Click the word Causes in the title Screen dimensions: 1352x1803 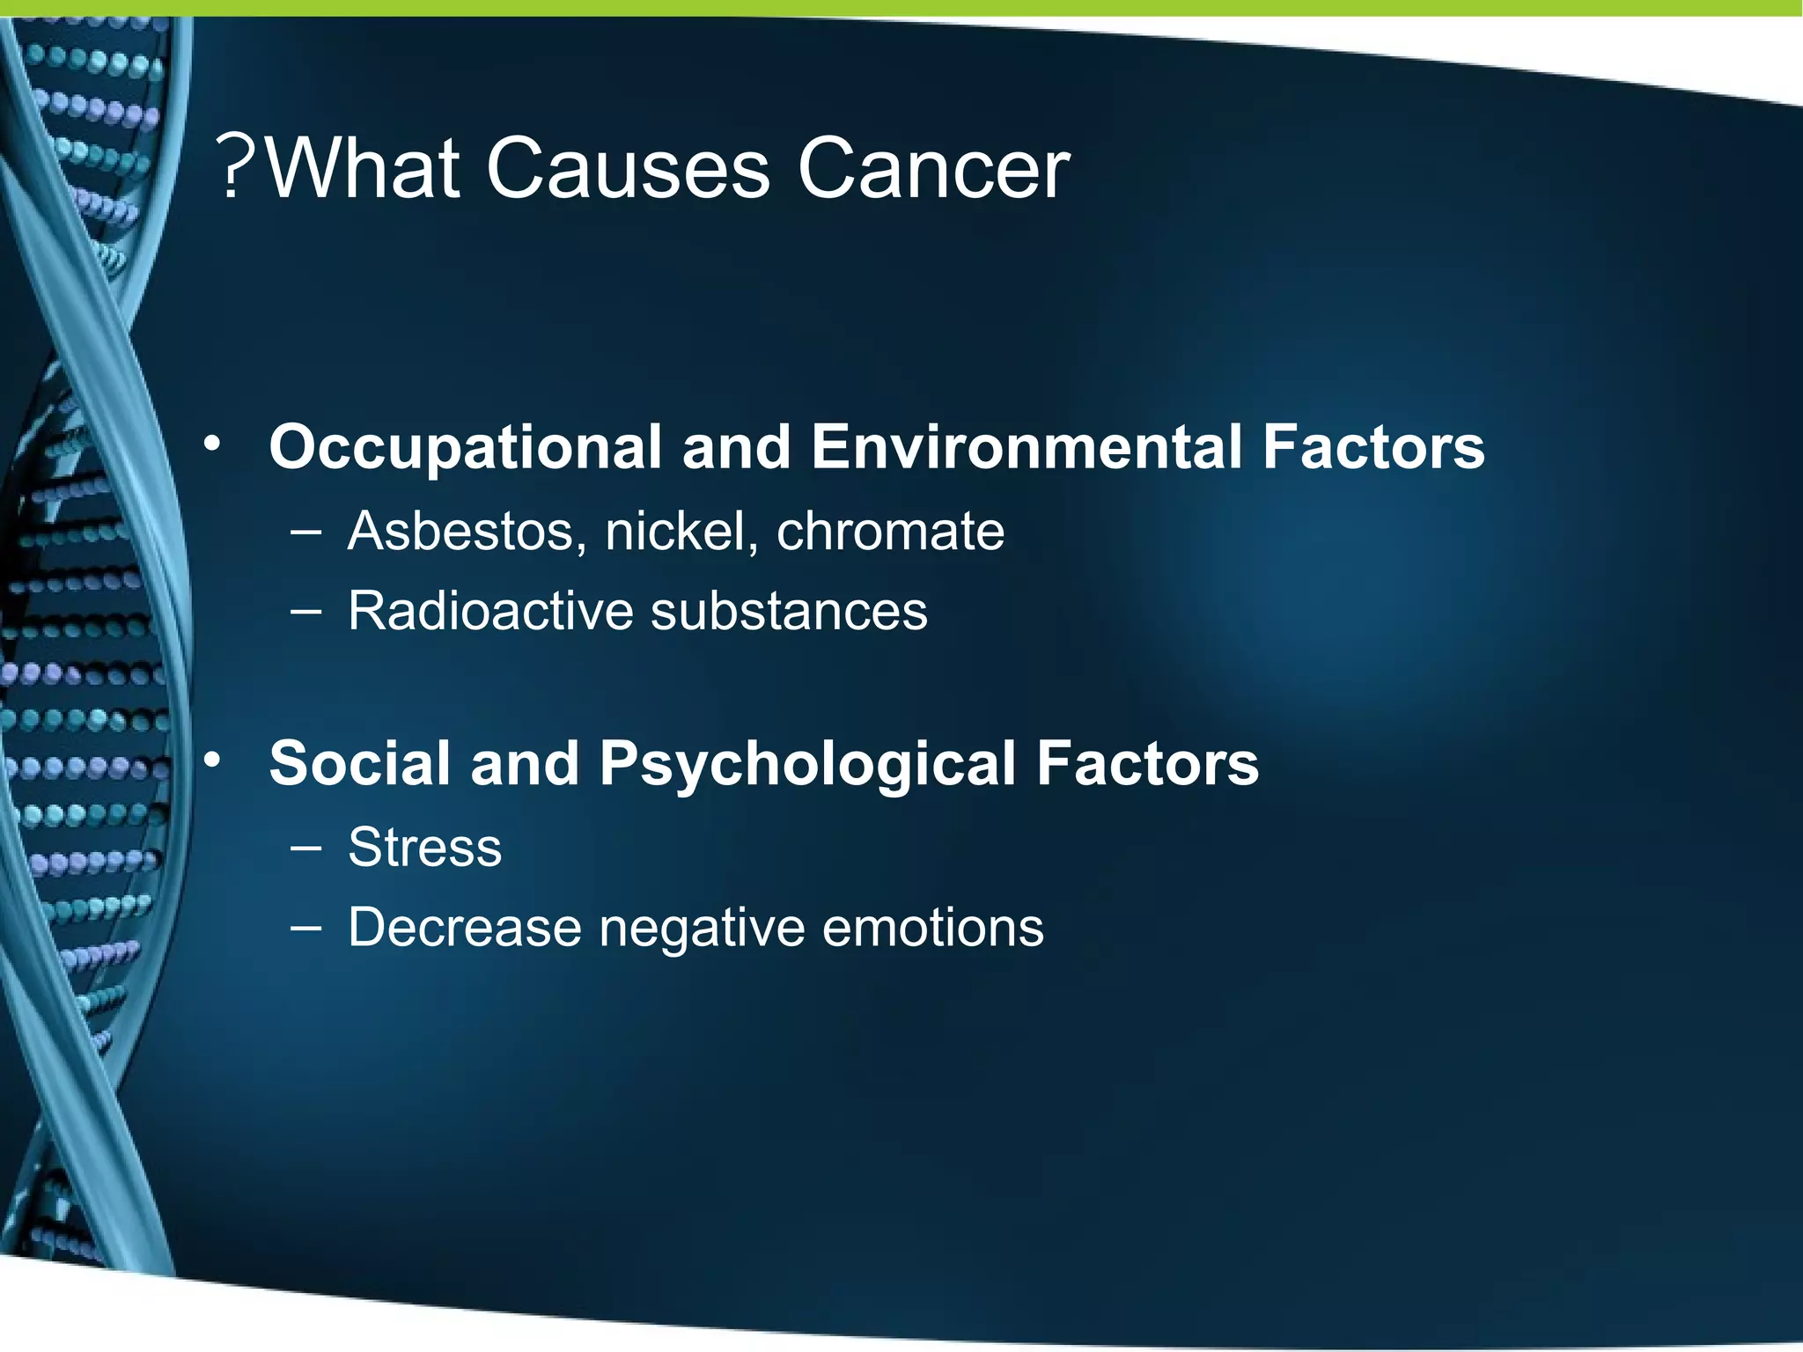628,169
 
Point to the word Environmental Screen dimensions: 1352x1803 1026,447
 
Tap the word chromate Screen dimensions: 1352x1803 890,532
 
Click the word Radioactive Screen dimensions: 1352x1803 490,611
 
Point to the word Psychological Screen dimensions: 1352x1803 807,765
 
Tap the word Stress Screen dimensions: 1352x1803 424,848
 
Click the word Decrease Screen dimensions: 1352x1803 465,928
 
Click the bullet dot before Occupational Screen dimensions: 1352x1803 212,445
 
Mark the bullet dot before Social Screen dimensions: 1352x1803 212,760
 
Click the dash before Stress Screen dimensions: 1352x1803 305,848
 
